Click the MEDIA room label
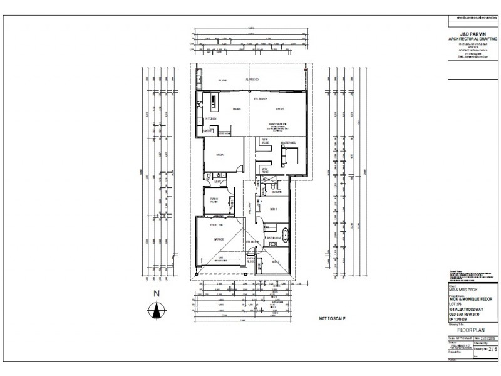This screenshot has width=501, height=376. click(x=220, y=154)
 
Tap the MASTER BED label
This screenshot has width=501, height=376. click(x=288, y=143)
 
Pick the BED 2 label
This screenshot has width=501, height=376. click(x=273, y=262)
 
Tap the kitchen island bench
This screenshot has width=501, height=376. click(x=213, y=102)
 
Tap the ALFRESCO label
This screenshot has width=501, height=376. click(x=253, y=81)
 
